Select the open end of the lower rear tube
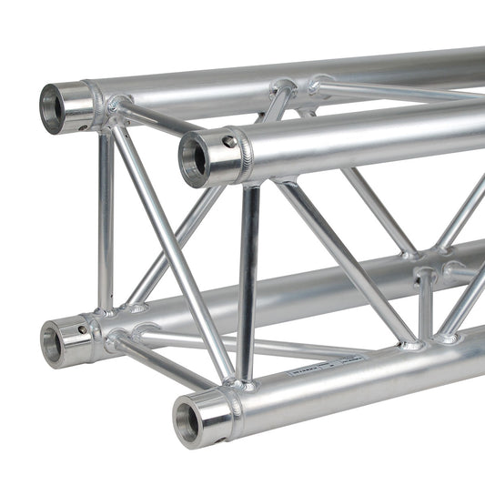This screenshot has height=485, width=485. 53,343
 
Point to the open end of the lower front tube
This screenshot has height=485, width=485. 189,421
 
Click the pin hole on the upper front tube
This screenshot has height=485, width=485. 229,142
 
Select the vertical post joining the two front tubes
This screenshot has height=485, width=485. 248,282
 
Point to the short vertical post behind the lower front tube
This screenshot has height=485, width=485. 425,305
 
